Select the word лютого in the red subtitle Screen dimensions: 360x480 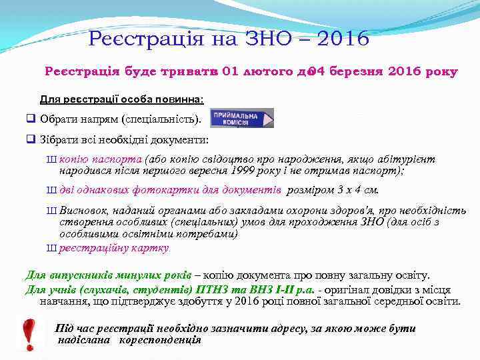265,71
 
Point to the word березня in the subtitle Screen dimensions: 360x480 361,71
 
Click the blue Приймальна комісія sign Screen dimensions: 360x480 242,118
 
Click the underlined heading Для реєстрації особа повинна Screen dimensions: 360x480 122,99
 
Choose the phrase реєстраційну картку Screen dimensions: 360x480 114,249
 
